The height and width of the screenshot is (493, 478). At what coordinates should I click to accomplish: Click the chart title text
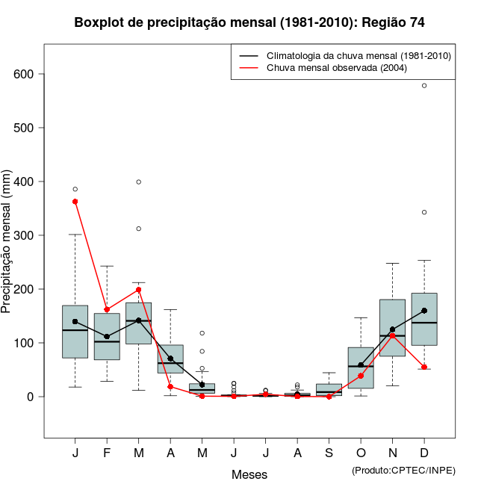point(249,23)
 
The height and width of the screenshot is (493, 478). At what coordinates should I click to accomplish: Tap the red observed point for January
point(75,202)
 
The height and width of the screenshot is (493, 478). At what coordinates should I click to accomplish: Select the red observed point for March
point(139,290)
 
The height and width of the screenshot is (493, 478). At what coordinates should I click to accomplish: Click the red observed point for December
point(424,367)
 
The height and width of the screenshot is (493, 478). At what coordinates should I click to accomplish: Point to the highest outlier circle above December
point(424,86)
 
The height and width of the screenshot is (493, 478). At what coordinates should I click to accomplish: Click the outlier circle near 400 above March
point(139,182)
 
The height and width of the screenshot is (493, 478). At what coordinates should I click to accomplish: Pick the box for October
point(361,368)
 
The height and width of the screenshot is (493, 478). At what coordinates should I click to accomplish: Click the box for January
point(75,331)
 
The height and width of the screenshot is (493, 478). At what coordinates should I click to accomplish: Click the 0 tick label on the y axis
point(31,397)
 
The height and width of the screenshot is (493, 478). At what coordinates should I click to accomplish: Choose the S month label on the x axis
point(329,453)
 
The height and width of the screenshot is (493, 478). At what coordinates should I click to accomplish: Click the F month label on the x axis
point(107,453)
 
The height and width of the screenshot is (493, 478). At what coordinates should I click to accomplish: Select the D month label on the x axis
point(424,453)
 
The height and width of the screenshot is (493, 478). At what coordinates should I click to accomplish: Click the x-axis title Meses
point(249,474)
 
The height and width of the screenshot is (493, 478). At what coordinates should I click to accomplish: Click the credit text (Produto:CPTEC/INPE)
point(403,470)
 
